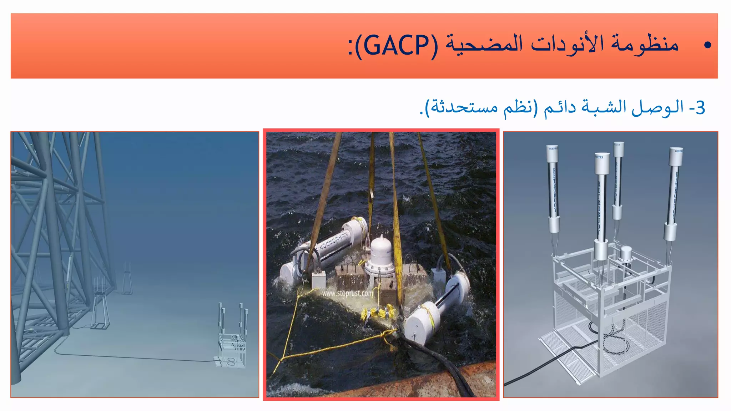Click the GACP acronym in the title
coord(396,46)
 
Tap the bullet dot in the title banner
coord(707,45)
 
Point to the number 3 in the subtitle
coord(700,107)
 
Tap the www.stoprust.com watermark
coord(347,294)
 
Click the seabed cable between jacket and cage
coord(136,357)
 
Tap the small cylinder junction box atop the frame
coord(626,254)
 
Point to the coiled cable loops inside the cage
coord(616,341)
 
